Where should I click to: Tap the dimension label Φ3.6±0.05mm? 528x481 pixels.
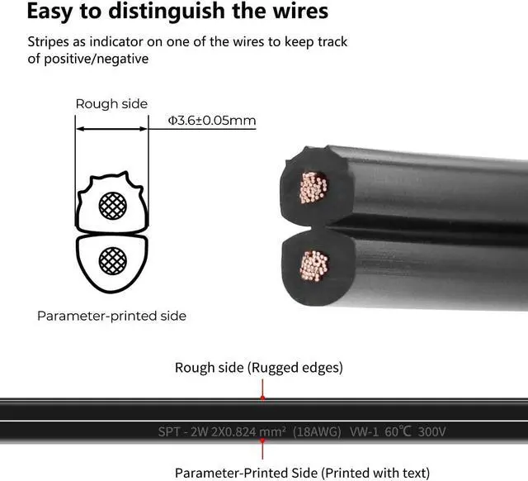(x=212, y=121)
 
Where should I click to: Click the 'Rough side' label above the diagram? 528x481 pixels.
(x=111, y=104)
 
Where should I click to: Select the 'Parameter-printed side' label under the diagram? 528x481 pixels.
(x=112, y=316)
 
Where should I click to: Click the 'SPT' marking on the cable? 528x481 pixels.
(x=170, y=431)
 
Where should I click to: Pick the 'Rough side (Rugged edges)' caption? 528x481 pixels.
(x=259, y=368)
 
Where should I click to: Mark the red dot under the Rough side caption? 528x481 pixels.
(x=262, y=398)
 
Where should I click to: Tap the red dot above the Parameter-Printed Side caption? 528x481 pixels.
(x=262, y=442)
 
